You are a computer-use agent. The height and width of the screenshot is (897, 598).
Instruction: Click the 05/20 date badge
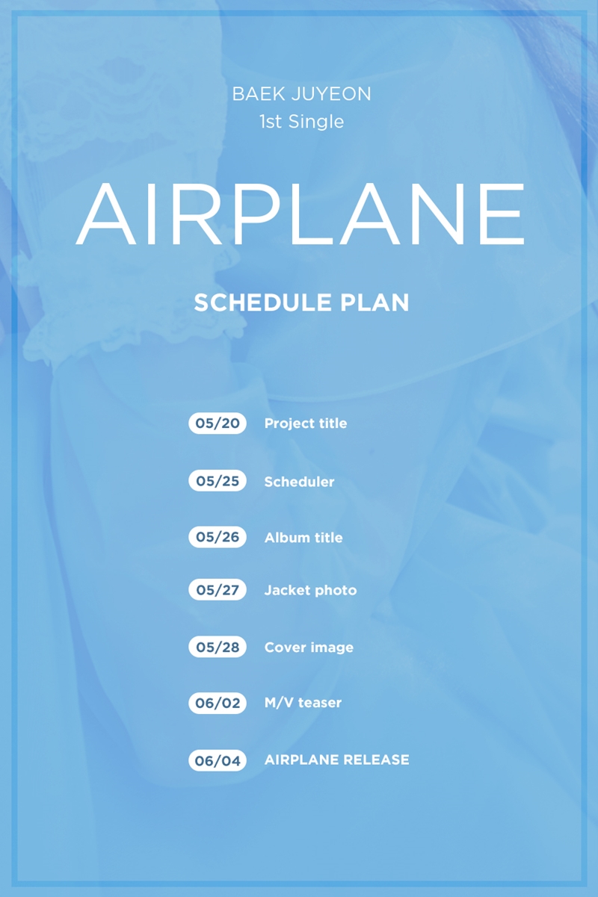click(x=218, y=423)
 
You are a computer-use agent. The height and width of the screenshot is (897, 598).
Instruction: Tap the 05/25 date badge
click(x=218, y=480)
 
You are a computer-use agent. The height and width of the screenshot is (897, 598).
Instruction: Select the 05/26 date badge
click(x=218, y=537)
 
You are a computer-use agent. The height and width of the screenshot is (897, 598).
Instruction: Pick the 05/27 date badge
click(x=218, y=589)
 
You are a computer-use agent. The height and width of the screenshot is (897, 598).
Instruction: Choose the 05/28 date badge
click(x=218, y=647)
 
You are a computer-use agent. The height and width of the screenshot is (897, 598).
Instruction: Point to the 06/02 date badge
click(x=218, y=703)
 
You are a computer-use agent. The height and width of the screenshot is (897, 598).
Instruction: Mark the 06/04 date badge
click(x=218, y=760)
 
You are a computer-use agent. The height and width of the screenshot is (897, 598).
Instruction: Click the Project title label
click(x=306, y=423)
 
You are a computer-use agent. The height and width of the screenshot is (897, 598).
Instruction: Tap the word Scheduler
click(x=300, y=482)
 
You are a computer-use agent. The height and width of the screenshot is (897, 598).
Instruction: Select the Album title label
click(x=303, y=538)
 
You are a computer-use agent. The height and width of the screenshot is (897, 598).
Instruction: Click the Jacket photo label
click(x=311, y=591)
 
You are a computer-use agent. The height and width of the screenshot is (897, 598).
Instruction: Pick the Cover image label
click(x=309, y=648)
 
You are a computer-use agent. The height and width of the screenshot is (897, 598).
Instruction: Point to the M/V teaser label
click(x=303, y=703)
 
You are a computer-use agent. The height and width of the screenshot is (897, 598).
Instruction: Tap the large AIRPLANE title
click(x=300, y=214)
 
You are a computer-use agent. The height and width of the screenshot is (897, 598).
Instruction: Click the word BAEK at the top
click(x=259, y=94)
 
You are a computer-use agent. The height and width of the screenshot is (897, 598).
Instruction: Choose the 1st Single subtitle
click(x=301, y=122)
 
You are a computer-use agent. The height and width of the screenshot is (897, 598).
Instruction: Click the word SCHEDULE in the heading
click(x=263, y=302)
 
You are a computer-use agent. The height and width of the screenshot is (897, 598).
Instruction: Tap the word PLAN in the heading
click(x=374, y=302)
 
